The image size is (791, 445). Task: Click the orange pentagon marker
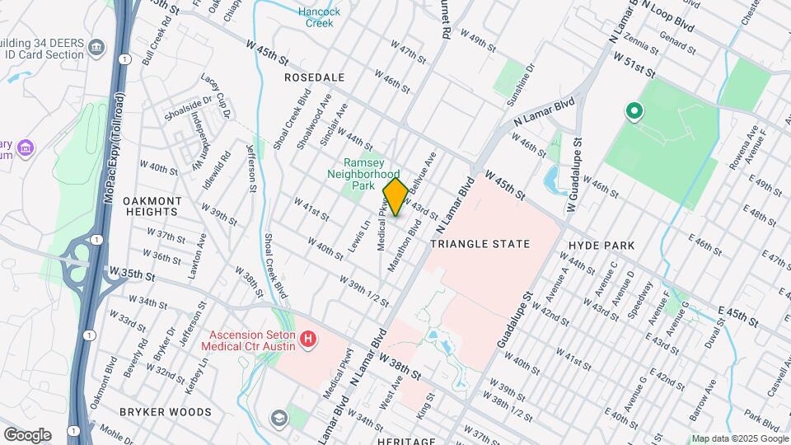point(395,198)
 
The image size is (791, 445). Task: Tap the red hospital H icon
point(308,339)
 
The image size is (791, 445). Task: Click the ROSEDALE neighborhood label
point(314,77)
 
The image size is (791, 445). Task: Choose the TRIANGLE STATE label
point(480,244)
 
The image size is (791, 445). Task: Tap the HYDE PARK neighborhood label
point(601,246)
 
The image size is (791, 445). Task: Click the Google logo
point(27,435)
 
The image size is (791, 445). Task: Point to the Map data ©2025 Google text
point(740,438)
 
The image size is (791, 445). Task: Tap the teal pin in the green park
point(634,110)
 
